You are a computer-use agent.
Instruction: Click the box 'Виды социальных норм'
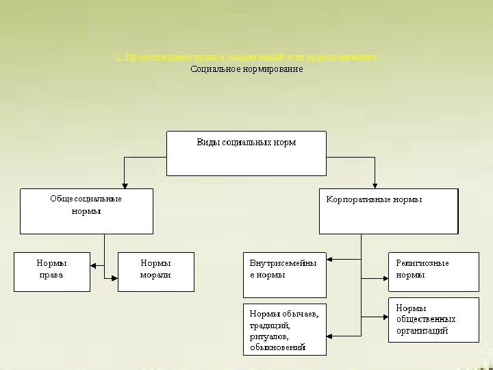click(x=246, y=153)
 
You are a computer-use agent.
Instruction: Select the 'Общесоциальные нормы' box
click(x=86, y=211)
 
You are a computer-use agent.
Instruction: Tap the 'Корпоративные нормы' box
click(x=388, y=211)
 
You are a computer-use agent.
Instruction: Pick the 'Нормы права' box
click(x=52, y=271)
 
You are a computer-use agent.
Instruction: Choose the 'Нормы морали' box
click(x=155, y=271)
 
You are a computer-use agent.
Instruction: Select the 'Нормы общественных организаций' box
click(x=433, y=319)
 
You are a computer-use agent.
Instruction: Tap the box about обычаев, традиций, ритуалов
click(x=285, y=330)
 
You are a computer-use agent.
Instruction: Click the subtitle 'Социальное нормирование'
click(x=246, y=69)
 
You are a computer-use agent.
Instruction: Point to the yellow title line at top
click(x=246, y=58)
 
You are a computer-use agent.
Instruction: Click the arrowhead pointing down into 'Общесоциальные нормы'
click(x=124, y=184)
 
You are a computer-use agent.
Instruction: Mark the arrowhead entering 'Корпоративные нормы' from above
click(x=375, y=184)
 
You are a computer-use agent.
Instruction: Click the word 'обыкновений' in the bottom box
click(x=277, y=347)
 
